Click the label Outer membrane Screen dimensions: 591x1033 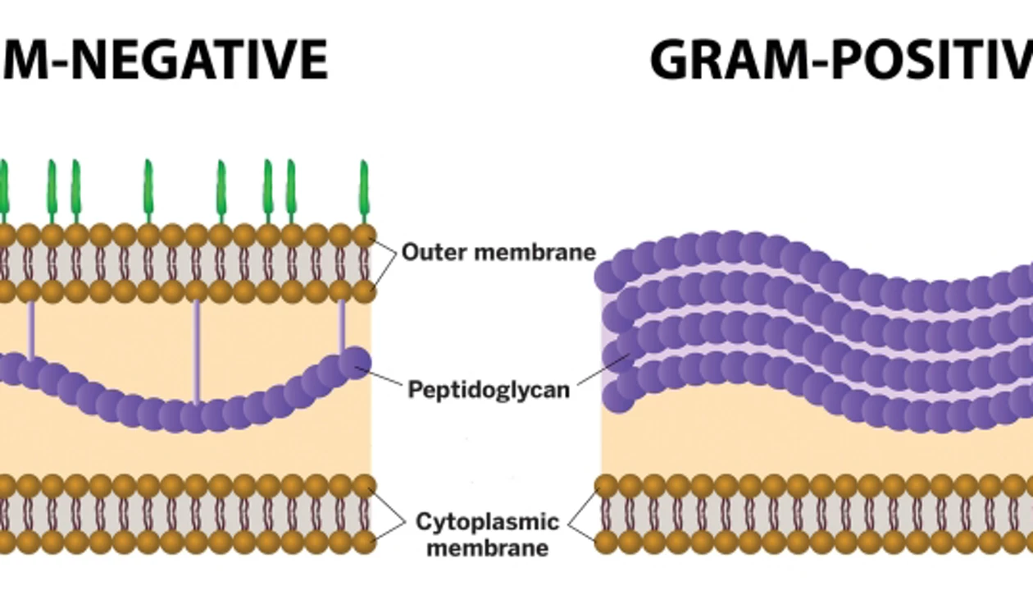(x=498, y=252)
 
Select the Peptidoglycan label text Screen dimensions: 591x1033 (x=489, y=388)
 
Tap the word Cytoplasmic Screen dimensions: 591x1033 (x=487, y=522)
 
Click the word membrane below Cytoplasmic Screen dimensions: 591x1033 (x=487, y=547)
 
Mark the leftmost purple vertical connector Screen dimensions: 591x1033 (x=31, y=328)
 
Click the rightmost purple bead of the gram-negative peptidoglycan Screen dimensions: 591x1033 (x=355, y=362)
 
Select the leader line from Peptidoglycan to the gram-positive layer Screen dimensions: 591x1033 (x=602, y=369)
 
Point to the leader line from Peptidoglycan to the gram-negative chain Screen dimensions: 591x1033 (x=385, y=378)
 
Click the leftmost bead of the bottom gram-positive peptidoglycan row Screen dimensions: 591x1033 (x=619, y=398)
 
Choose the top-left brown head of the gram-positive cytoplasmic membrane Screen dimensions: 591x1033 (x=606, y=485)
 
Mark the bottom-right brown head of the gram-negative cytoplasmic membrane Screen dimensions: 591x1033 (x=364, y=542)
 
